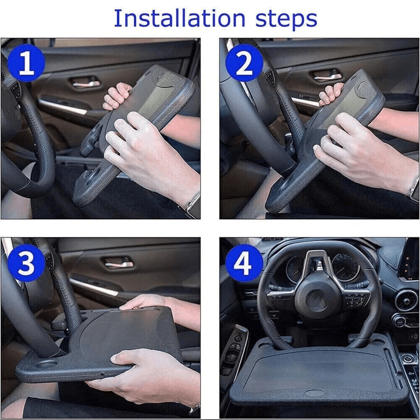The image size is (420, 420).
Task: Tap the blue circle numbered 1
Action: (26, 63)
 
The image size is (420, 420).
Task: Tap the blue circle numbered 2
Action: (244, 63)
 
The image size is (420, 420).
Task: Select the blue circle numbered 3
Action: (26, 263)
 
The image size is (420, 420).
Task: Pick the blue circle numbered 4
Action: (244, 263)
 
